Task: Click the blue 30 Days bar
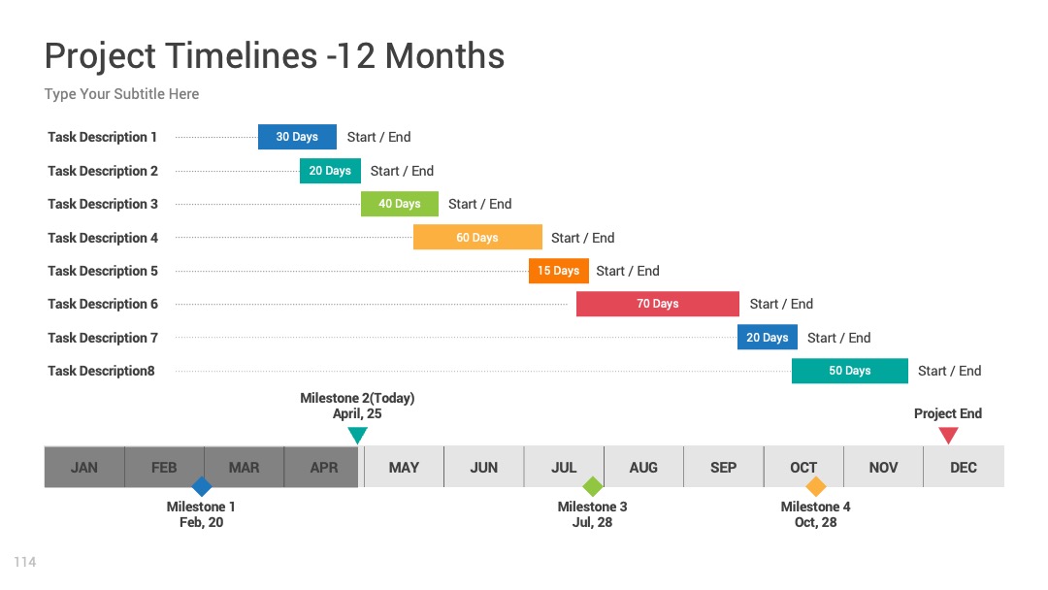(x=298, y=137)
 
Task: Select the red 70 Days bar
(x=658, y=304)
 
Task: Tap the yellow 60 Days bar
(x=477, y=237)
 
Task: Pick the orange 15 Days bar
(x=559, y=271)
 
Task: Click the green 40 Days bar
(x=400, y=204)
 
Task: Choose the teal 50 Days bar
(x=850, y=371)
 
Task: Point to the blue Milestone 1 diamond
(x=201, y=486)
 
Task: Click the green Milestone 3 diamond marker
(x=593, y=486)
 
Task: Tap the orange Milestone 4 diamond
(x=815, y=486)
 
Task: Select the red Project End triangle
(x=948, y=435)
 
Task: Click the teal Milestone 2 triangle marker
(x=357, y=435)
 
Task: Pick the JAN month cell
(x=84, y=467)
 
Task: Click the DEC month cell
(x=964, y=467)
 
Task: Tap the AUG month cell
(x=643, y=467)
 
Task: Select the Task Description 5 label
(x=103, y=271)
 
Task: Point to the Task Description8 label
(x=101, y=371)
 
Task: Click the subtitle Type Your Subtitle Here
(x=121, y=94)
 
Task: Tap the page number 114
(x=24, y=562)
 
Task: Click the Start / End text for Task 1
(x=379, y=137)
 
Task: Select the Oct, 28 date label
(x=815, y=522)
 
